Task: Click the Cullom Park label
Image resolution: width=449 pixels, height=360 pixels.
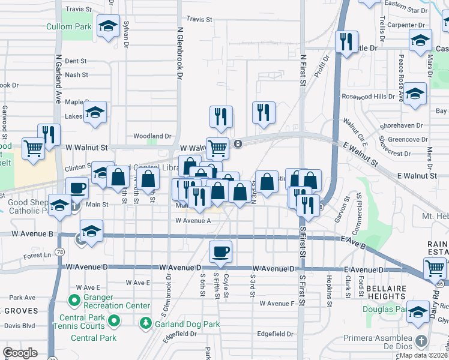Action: tap(69, 27)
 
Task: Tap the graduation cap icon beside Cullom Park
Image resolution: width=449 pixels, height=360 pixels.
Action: tap(108, 26)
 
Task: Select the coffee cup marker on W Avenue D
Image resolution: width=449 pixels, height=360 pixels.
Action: tap(220, 251)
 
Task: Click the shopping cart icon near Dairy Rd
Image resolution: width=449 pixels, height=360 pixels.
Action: tap(435, 268)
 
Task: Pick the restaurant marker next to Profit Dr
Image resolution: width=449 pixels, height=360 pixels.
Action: tap(346, 41)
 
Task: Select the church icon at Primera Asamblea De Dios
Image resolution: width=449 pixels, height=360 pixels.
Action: tap(422, 341)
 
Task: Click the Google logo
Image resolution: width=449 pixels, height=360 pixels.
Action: tap(20, 353)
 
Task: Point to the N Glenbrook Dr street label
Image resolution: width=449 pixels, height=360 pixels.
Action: tap(179, 53)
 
